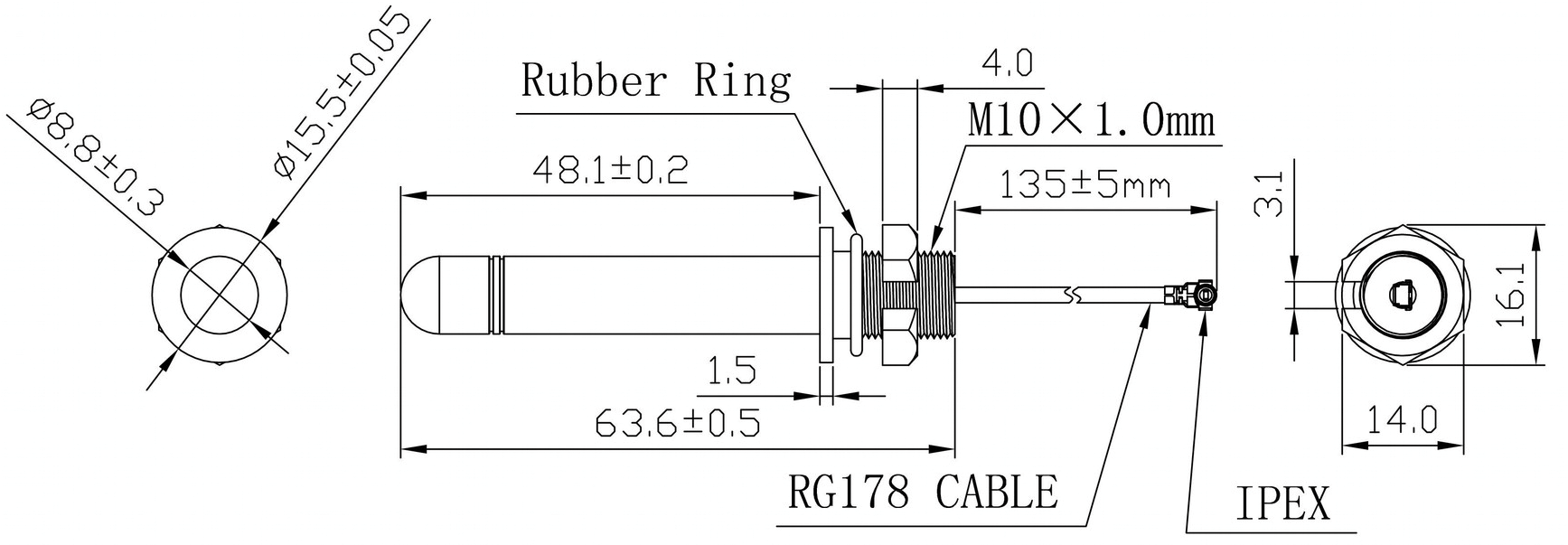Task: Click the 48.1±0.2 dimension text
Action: (x=610, y=169)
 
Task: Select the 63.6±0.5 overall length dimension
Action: (x=677, y=422)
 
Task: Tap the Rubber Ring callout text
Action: (x=656, y=80)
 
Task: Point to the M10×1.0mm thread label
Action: (x=1092, y=119)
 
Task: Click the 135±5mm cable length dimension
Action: (x=1084, y=185)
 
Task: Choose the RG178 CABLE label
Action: (x=923, y=493)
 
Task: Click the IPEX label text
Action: (x=1282, y=503)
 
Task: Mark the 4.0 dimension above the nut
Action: (x=1006, y=63)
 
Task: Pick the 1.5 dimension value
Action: (x=731, y=371)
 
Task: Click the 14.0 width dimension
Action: (x=1401, y=419)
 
